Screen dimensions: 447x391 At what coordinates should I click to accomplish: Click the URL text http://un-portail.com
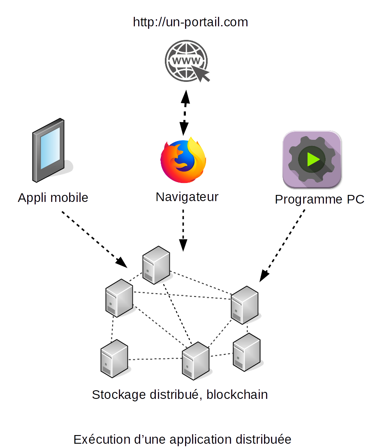(x=190, y=22)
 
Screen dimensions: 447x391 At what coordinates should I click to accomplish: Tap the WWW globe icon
(x=185, y=62)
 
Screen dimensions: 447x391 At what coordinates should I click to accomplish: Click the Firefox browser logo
(x=183, y=160)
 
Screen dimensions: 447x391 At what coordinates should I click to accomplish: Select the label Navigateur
(x=187, y=197)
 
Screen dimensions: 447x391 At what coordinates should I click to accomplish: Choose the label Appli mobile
(x=53, y=198)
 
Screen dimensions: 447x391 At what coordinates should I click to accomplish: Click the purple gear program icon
(x=312, y=160)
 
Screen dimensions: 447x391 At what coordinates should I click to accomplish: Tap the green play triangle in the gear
(x=313, y=159)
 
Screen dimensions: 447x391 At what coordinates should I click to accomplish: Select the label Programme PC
(x=319, y=199)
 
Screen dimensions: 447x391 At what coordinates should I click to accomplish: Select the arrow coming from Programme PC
(x=283, y=246)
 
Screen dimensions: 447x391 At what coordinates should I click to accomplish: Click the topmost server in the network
(x=156, y=264)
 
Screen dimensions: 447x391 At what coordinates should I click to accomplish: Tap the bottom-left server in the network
(x=114, y=358)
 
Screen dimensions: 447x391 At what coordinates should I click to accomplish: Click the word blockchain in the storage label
(x=237, y=395)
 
